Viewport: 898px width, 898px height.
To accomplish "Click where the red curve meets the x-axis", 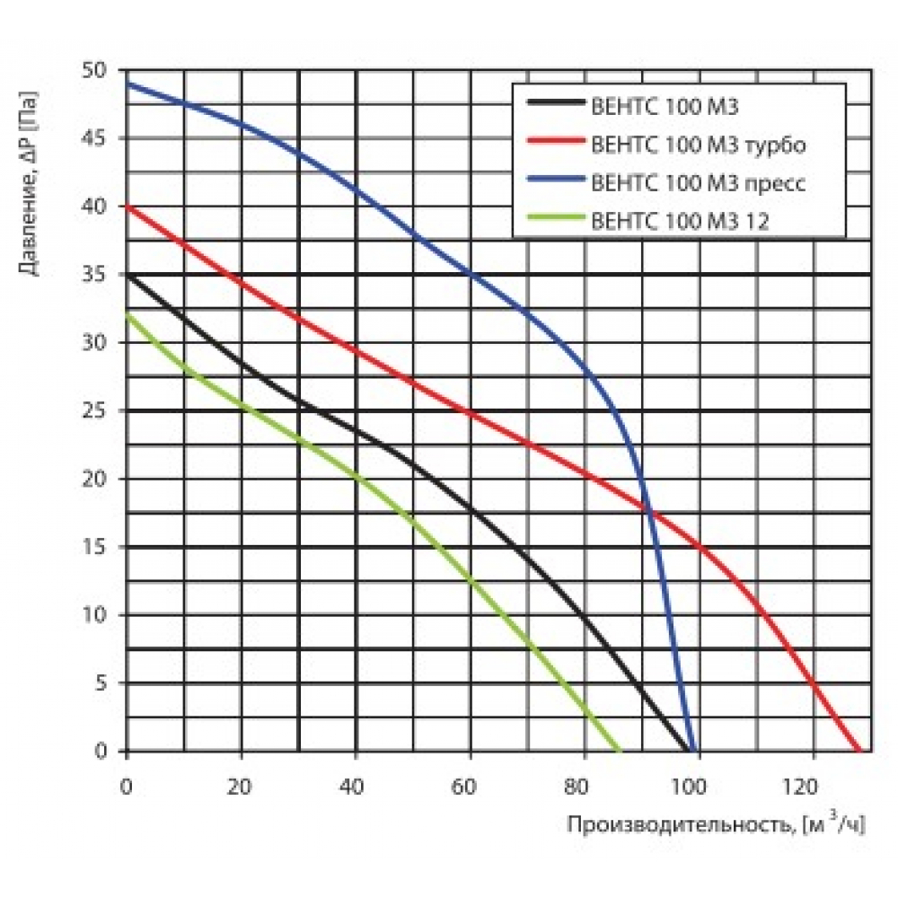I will click(x=858, y=751).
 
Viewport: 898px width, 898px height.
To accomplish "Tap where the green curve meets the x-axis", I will click(x=619, y=751).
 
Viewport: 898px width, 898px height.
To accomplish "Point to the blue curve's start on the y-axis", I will click(x=127, y=84).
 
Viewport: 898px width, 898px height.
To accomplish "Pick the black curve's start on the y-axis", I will click(x=127, y=275).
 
